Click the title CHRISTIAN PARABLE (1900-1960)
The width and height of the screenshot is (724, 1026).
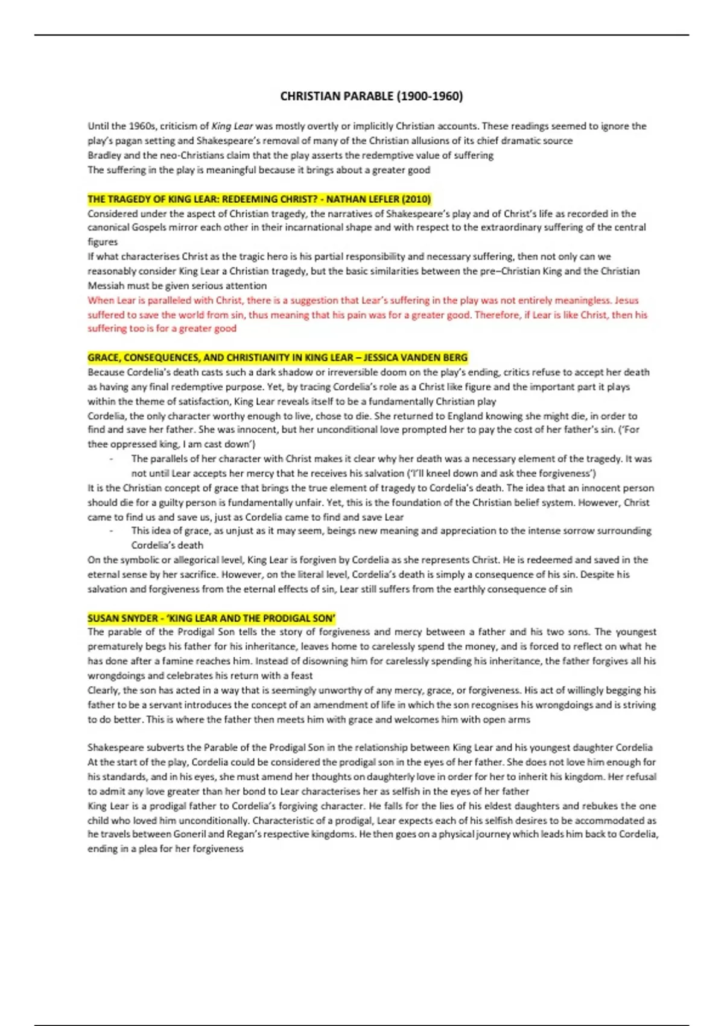pyautogui.click(x=371, y=96)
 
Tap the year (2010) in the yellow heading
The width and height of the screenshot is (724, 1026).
pyautogui.click(x=416, y=199)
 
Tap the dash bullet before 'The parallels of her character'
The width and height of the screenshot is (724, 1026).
pyautogui.click(x=112, y=459)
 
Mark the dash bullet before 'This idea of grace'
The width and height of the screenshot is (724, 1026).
pyautogui.click(x=112, y=531)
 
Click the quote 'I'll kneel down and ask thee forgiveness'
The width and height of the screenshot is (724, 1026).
pyautogui.click(x=500, y=473)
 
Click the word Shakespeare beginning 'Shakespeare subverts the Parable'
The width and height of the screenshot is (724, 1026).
pyautogui.click(x=115, y=747)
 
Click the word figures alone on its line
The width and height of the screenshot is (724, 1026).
pyautogui.click(x=103, y=242)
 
